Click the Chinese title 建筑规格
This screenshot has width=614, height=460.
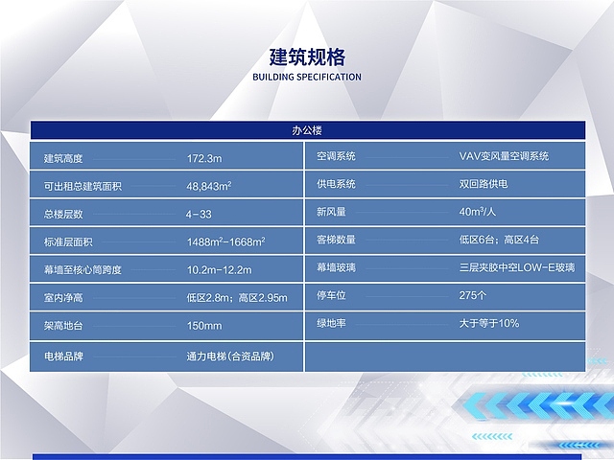click(x=306, y=56)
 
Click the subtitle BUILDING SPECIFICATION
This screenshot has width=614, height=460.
click(x=306, y=77)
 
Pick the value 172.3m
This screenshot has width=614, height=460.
click(x=204, y=157)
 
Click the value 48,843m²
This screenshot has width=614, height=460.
click(x=209, y=185)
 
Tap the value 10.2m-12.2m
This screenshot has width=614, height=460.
click(x=219, y=269)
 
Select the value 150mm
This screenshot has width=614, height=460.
click(x=204, y=326)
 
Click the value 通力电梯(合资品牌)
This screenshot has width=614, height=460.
click(x=230, y=356)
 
